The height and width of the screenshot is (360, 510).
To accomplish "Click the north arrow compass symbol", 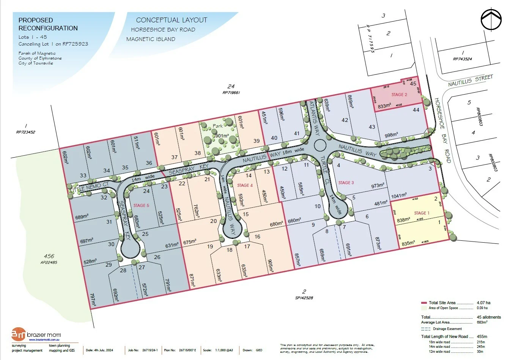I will pos(491,19).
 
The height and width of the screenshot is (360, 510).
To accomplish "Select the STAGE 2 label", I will pos(399,95).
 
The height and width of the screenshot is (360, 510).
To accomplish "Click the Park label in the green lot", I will pos(218,126).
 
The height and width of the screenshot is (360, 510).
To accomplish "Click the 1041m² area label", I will pos(398,196).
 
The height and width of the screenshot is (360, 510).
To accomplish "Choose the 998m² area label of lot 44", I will pos(391,135).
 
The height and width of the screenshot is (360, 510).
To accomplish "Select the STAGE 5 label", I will pos(141,205).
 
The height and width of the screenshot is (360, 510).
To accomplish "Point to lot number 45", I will pos(413,84).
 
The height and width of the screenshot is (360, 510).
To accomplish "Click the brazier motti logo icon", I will pos(19,335).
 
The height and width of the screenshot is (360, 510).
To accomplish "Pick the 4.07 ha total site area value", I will pos(483,303).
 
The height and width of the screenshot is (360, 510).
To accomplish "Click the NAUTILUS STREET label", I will pos(470,81).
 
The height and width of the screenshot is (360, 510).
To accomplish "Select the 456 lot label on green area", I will pos(49,256).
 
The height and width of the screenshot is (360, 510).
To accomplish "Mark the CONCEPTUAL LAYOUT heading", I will pos(172,20).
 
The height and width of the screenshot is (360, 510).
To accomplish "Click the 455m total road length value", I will pos(482,336).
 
